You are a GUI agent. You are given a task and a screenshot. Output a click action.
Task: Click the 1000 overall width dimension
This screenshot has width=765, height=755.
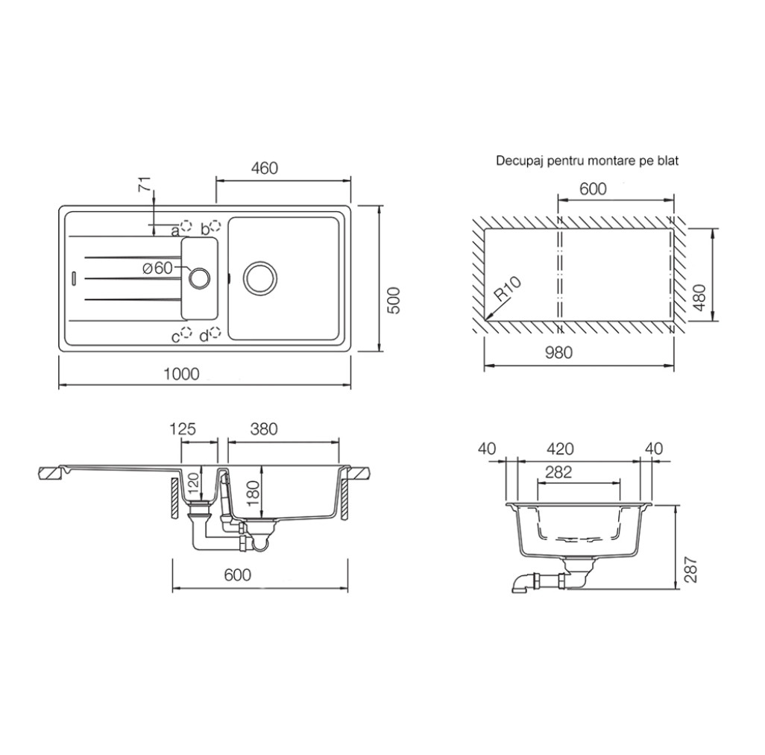click(x=181, y=374)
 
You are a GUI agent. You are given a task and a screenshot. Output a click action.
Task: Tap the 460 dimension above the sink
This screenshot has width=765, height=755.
click(x=265, y=168)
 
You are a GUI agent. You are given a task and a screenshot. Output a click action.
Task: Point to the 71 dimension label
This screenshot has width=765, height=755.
click(x=146, y=186)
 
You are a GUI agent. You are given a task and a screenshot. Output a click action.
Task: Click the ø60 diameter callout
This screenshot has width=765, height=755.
click(x=157, y=268)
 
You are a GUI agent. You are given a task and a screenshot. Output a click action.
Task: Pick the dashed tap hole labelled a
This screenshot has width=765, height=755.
click(x=186, y=225)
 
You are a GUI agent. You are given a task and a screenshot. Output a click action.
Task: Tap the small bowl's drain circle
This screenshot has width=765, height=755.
click(x=199, y=278)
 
